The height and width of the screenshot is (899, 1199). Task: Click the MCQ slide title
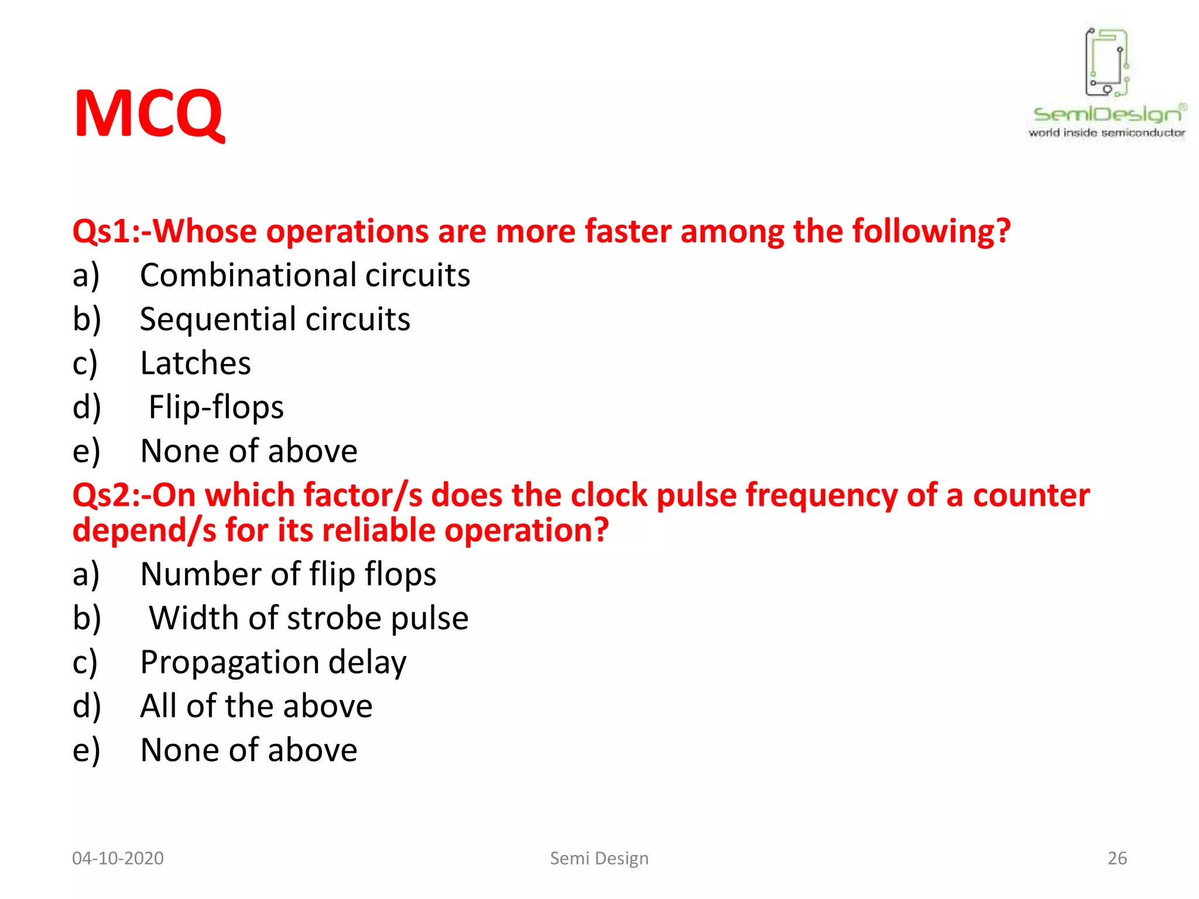click(149, 114)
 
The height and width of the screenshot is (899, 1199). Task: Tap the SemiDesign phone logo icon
click(1106, 61)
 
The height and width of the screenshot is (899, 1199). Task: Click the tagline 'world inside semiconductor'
click(1106, 133)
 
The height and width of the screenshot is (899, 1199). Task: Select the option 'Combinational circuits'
click(304, 275)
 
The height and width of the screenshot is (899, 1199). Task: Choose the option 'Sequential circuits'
click(275, 319)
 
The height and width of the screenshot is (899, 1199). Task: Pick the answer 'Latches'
click(196, 363)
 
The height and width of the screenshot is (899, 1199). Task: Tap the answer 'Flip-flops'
click(216, 407)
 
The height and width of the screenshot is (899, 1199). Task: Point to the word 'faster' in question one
click(628, 231)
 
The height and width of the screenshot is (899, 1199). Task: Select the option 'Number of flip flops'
click(288, 574)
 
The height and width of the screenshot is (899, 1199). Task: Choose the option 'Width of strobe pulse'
click(309, 618)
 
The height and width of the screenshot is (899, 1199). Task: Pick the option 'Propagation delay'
click(273, 663)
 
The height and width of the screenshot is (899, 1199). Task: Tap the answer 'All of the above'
click(256, 706)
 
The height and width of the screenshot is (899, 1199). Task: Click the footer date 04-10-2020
click(118, 858)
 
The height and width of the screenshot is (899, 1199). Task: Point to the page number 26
click(1117, 858)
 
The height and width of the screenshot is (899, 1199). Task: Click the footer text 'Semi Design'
click(599, 858)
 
